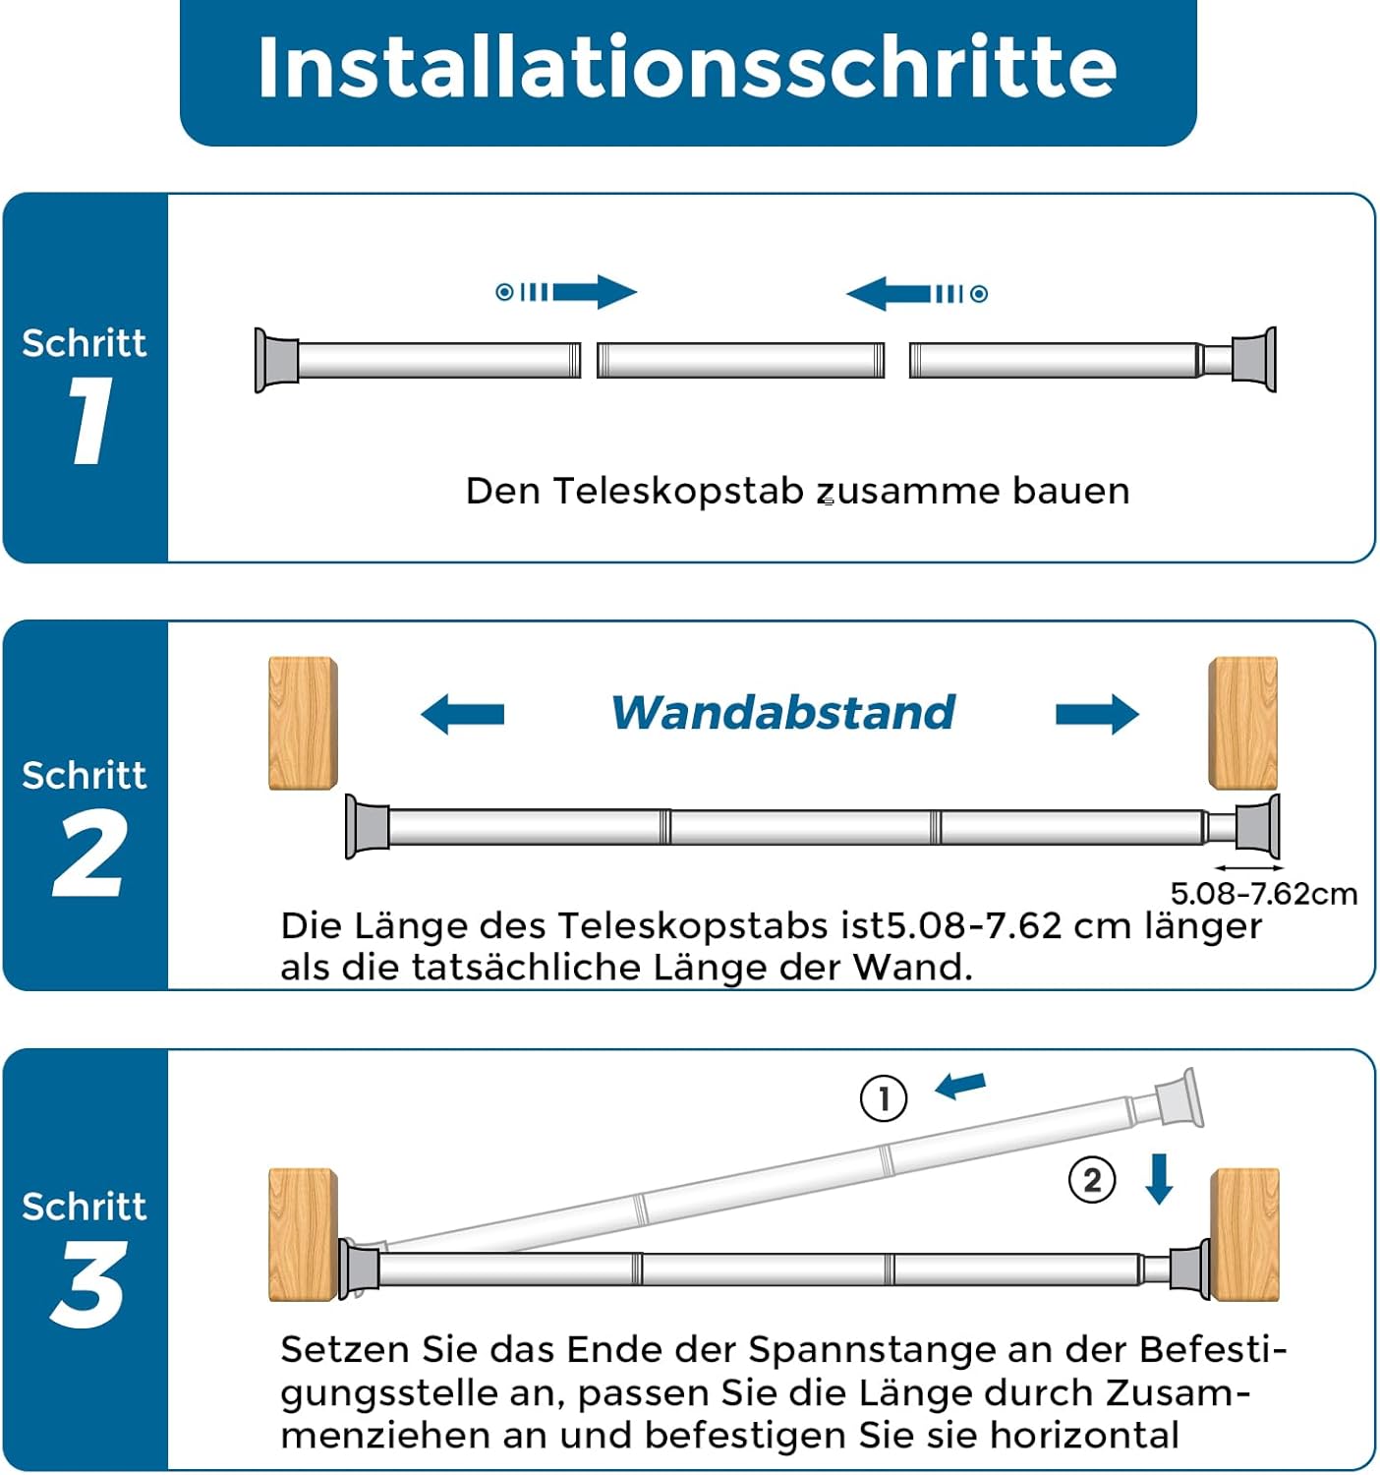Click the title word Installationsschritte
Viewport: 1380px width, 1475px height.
[x=687, y=67]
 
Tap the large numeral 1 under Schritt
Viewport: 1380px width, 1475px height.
[x=90, y=420]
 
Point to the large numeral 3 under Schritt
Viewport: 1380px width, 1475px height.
[x=87, y=1285]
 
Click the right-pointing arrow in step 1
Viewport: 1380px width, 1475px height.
[x=566, y=292]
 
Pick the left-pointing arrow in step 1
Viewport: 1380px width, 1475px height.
[x=916, y=293]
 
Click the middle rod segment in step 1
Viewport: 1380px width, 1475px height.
[x=740, y=360]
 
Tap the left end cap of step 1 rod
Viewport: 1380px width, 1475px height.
[x=276, y=360]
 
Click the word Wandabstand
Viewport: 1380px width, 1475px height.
[x=782, y=713]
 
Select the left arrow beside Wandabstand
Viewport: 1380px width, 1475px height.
[x=462, y=715]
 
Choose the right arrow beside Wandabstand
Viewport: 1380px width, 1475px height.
[x=1097, y=715]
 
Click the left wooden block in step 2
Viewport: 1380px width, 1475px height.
[x=303, y=723]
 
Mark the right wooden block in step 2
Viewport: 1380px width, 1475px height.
[x=1243, y=723]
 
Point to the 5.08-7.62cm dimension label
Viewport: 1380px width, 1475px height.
[x=1264, y=894]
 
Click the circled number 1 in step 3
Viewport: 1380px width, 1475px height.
[x=883, y=1098]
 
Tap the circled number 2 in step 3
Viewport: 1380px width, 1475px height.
[x=1091, y=1180]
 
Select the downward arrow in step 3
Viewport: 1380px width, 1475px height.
[x=1159, y=1179]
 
